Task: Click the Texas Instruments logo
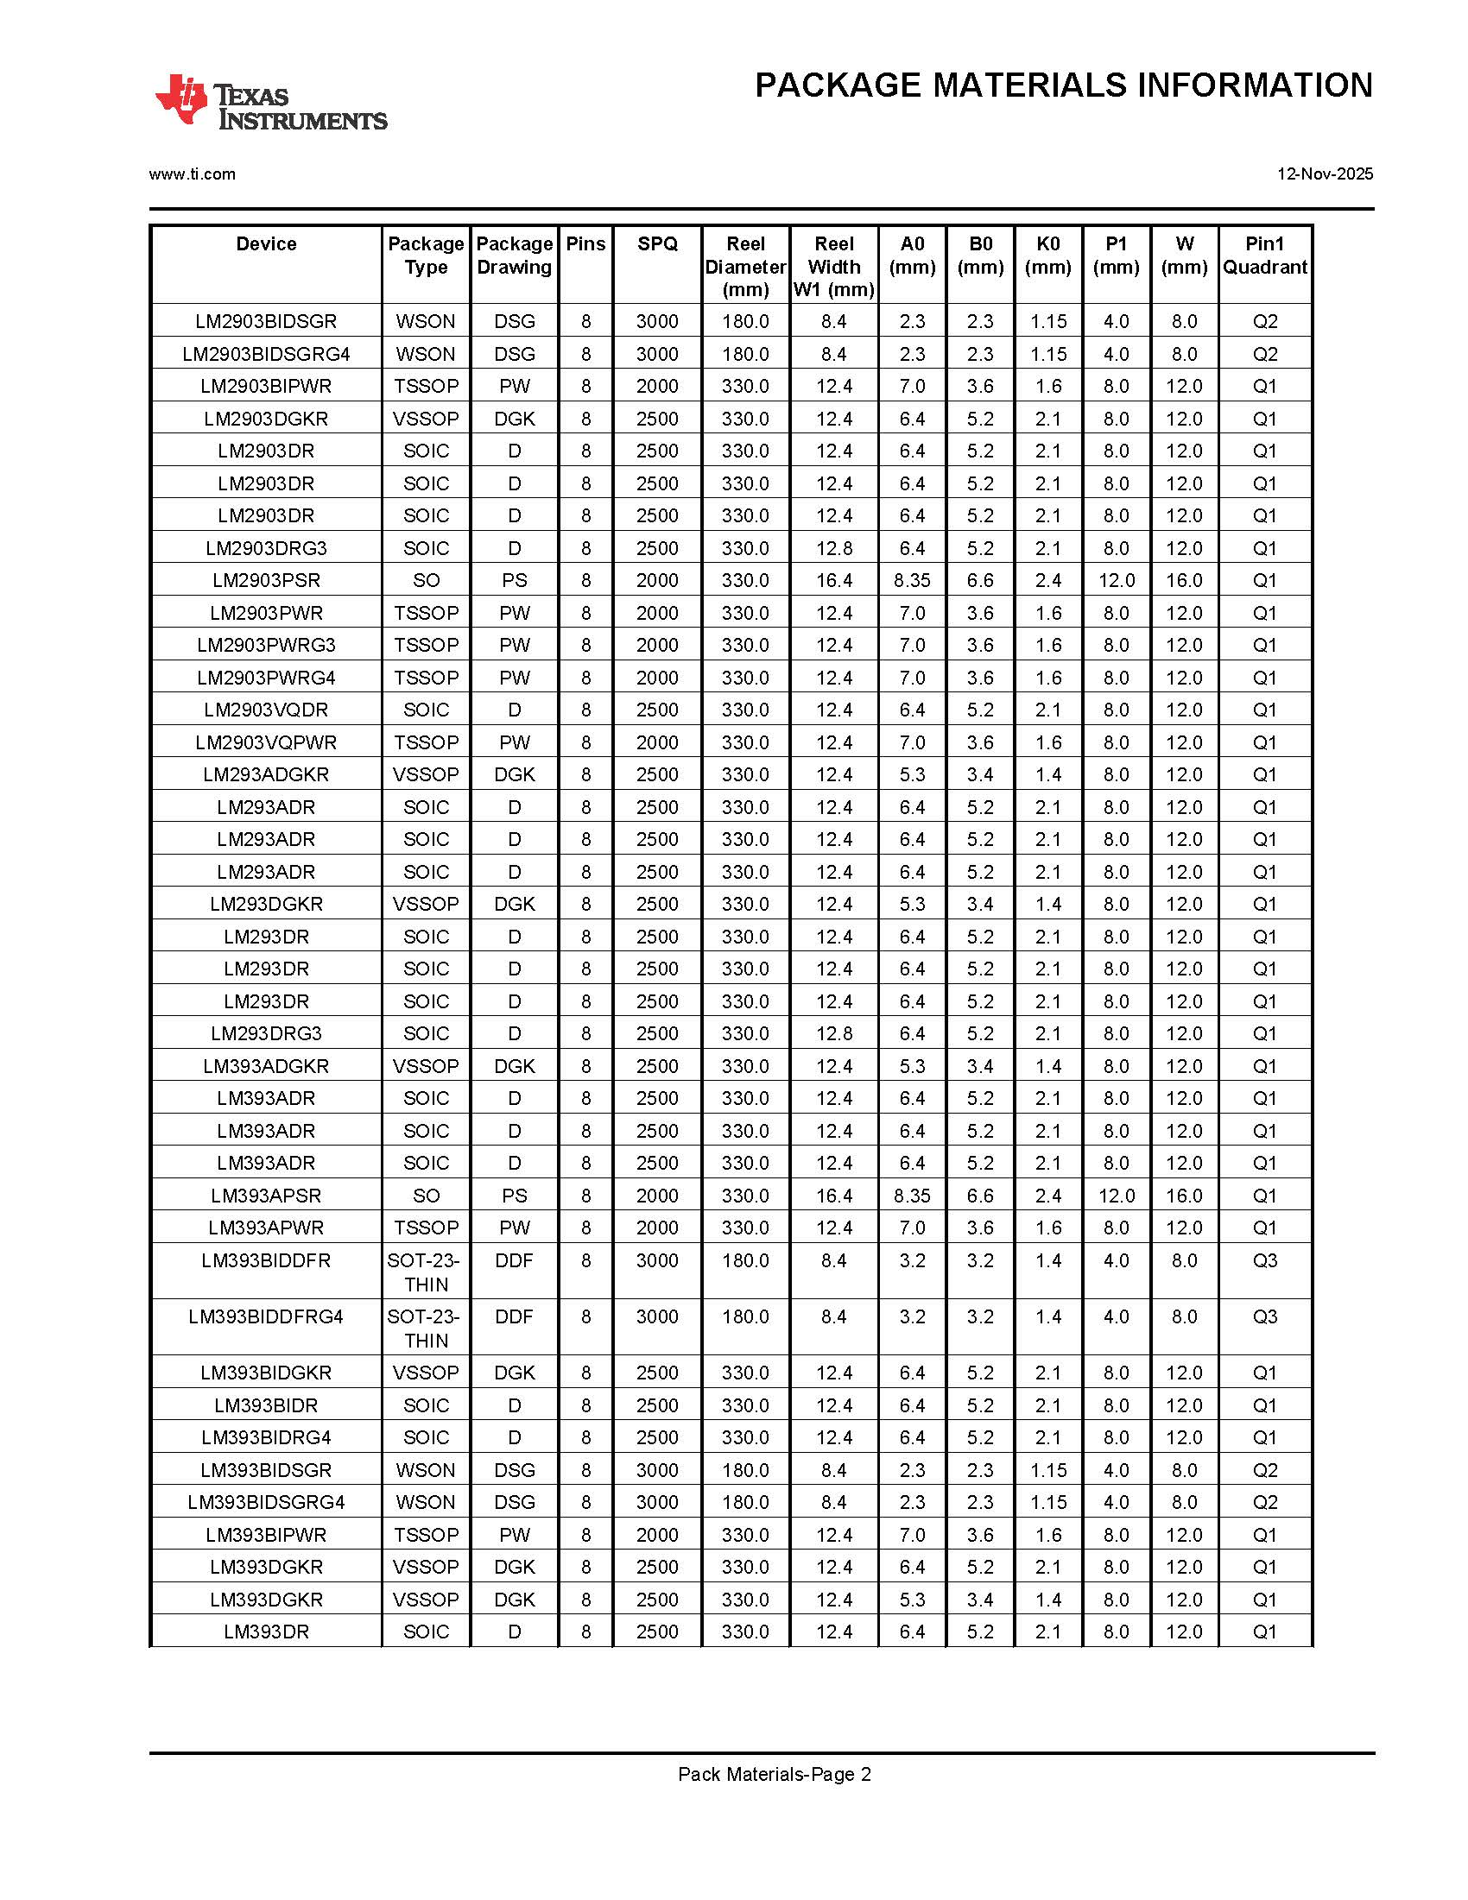(270, 104)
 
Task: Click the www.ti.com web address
(193, 174)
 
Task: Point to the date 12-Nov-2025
(1325, 174)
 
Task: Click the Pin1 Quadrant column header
(1264, 256)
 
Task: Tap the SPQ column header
(657, 244)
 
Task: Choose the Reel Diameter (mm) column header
(745, 266)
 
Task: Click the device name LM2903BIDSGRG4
(266, 354)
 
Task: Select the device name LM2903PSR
(266, 580)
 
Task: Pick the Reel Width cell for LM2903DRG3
(833, 548)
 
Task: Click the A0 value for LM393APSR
(912, 1196)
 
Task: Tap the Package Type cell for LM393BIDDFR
(426, 1272)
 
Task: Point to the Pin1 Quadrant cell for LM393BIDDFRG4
(1264, 1317)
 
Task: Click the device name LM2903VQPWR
(266, 743)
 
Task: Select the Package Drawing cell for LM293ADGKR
(515, 775)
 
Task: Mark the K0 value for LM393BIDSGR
(1047, 1471)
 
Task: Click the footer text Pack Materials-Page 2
(775, 1775)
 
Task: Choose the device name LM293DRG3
(266, 1033)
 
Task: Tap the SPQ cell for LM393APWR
(657, 1228)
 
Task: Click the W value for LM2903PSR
(1183, 580)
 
